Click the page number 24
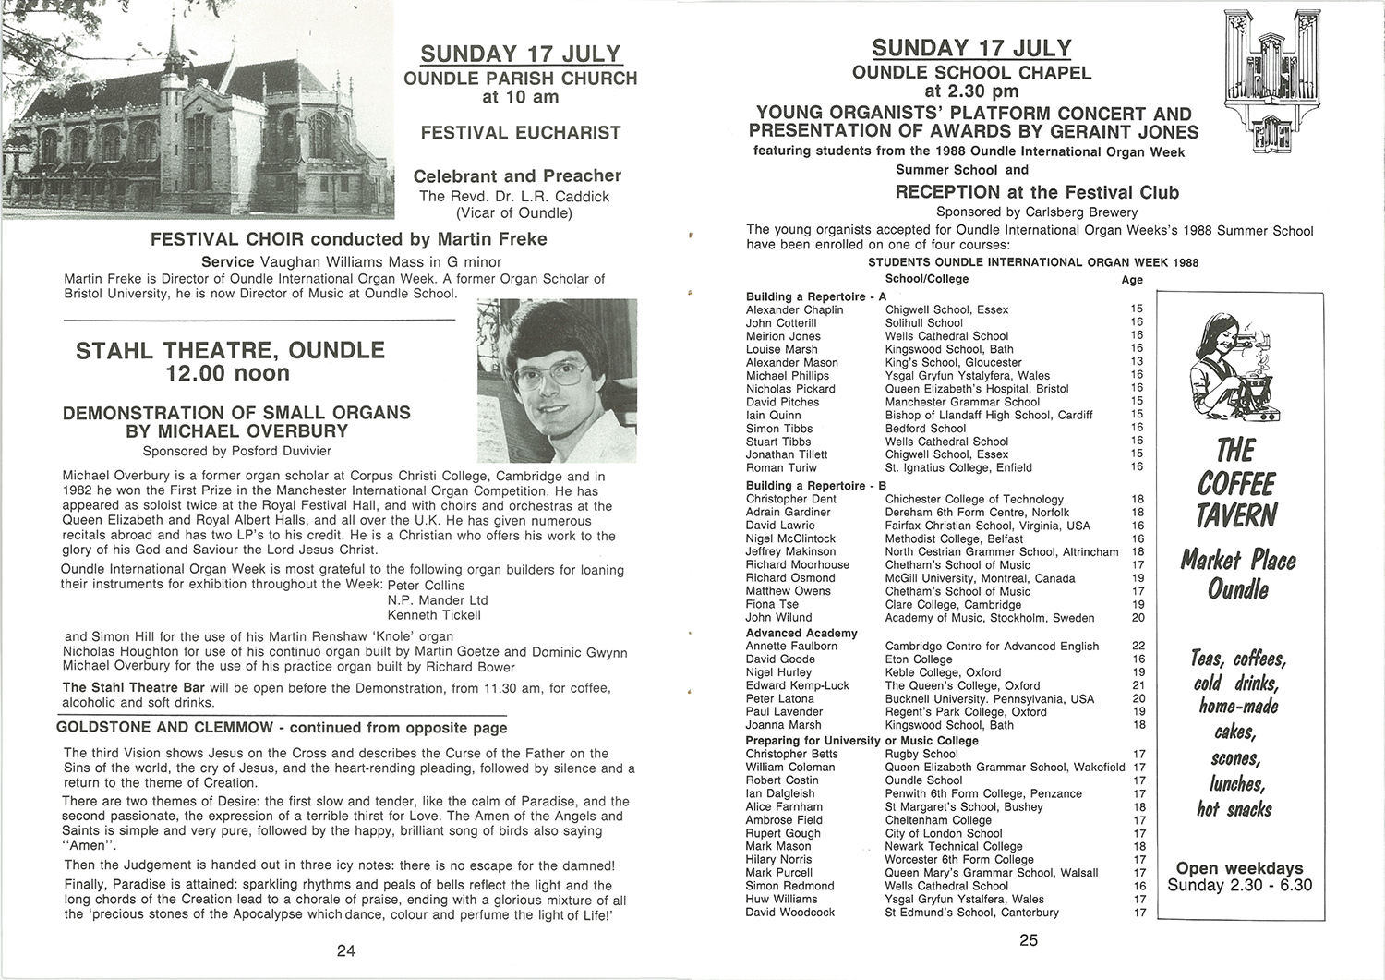point(345,950)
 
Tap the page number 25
point(1029,940)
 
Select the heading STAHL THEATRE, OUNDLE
point(230,350)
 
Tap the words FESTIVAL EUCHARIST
point(521,133)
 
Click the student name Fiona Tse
point(772,604)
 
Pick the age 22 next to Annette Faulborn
point(1138,646)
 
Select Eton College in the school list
point(918,659)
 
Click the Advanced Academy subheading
point(801,633)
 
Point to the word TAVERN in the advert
point(1236,514)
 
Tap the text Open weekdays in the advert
point(1239,868)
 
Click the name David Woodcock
point(789,912)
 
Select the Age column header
point(1132,280)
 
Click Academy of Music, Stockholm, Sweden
point(989,617)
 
